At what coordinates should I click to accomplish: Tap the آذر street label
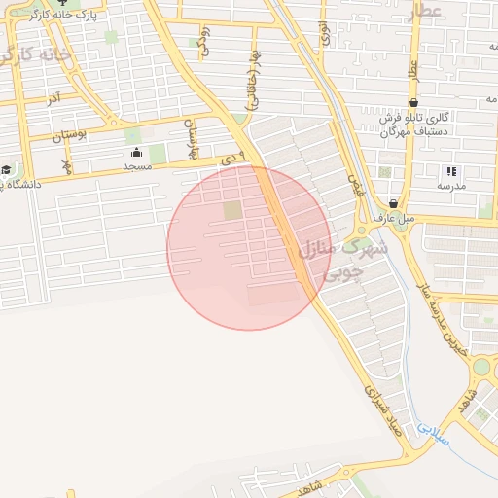pyautogui.click(x=53, y=99)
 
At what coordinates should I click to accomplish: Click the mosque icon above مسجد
pyautogui.click(x=135, y=152)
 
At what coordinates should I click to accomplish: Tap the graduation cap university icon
pyautogui.click(x=6, y=169)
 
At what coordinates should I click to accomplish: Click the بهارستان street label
pyautogui.click(x=191, y=139)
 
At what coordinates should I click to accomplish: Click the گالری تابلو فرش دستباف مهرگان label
pyautogui.click(x=414, y=123)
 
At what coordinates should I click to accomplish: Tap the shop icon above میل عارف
pyautogui.click(x=393, y=203)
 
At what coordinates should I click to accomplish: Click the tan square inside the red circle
pyautogui.click(x=231, y=210)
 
